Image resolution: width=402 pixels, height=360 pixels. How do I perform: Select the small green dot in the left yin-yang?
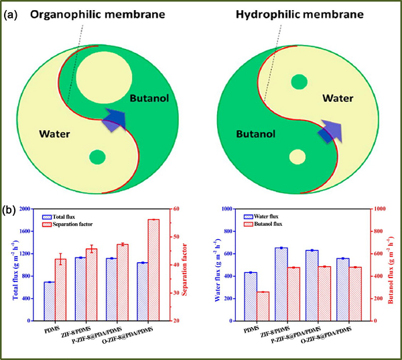(98, 158)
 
